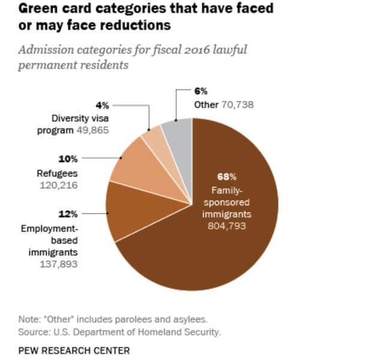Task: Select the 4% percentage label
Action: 102,105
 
